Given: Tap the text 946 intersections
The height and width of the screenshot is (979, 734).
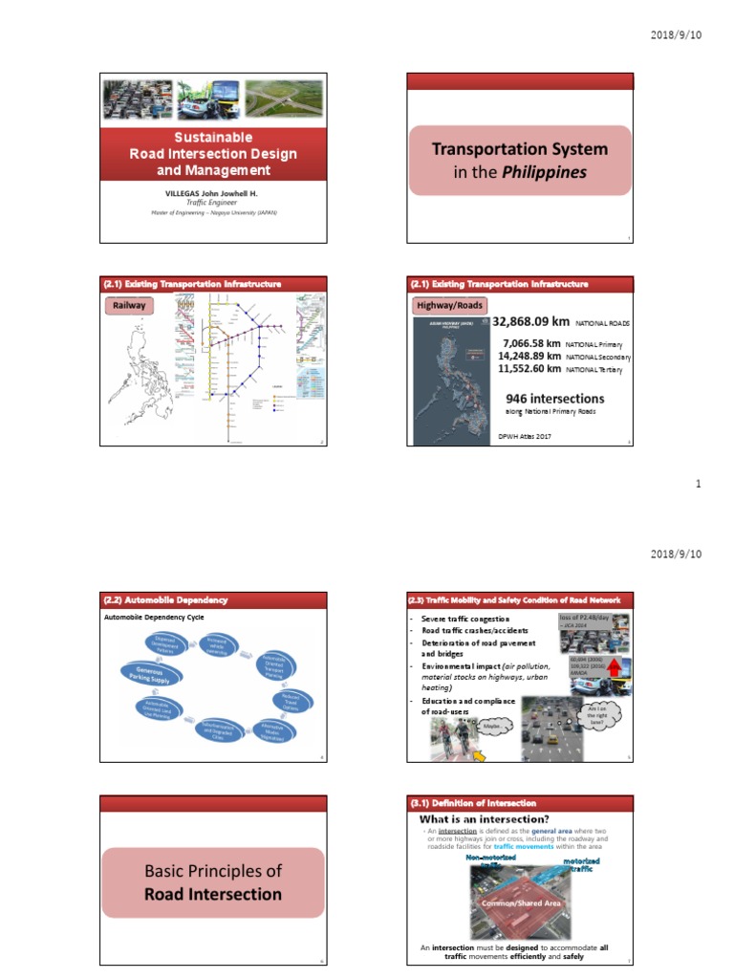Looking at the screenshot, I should pyautogui.click(x=554, y=398).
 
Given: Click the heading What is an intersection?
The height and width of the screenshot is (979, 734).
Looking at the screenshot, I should pyautogui.click(x=484, y=819).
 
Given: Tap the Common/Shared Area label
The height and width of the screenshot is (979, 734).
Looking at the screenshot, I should pyautogui.click(x=521, y=903).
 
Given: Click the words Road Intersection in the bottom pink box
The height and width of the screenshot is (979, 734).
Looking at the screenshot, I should pyautogui.click(x=213, y=894).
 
